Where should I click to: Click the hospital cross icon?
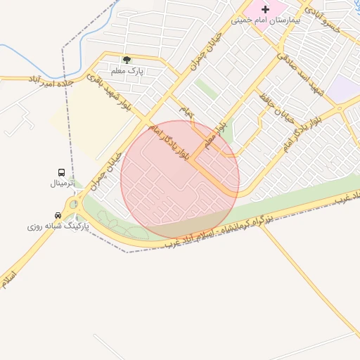(x=265, y=9)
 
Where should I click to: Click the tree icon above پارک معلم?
(x=127, y=60)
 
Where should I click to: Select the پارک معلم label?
(x=127, y=71)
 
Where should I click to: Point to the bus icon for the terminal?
(x=62, y=172)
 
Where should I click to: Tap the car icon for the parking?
(x=58, y=215)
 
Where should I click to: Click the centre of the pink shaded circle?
(x=180, y=179)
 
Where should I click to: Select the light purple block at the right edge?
(x=345, y=89)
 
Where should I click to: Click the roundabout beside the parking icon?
(x=74, y=205)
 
